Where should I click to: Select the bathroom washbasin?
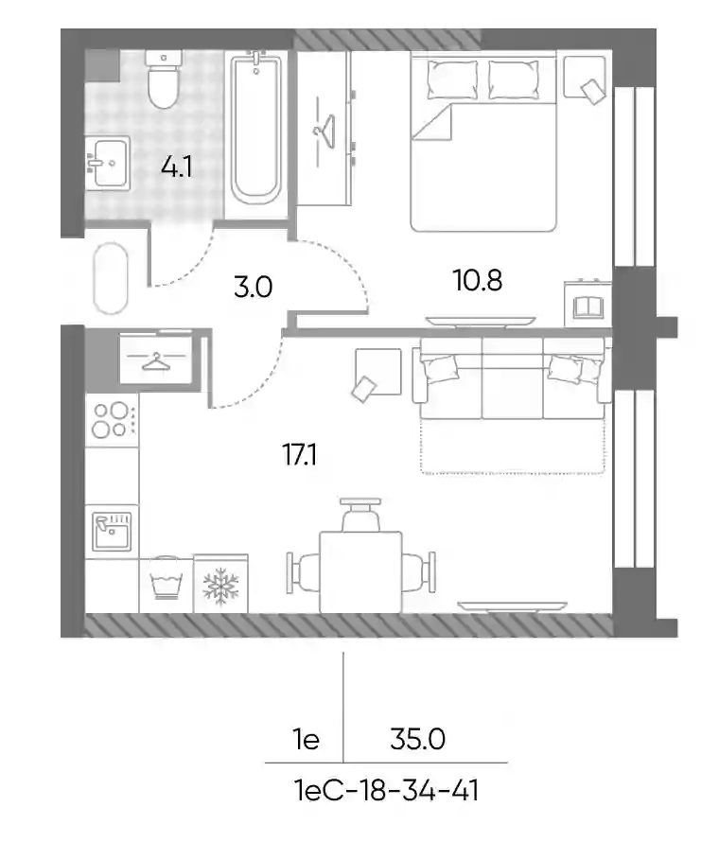(x=108, y=163)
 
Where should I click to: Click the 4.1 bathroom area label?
(x=176, y=167)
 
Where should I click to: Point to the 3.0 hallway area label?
(x=253, y=287)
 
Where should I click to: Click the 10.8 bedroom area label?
(x=478, y=280)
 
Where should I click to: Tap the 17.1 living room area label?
(x=299, y=455)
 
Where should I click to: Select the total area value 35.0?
(x=418, y=740)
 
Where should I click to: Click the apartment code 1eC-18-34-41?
(x=387, y=791)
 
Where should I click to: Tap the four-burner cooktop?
(x=112, y=420)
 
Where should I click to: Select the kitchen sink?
(x=112, y=532)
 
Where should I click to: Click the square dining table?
(x=360, y=572)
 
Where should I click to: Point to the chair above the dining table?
(x=360, y=515)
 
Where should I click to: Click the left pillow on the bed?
(x=452, y=79)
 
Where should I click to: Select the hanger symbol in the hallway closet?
(x=155, y=360)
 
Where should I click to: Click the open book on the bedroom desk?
(x=588, y=307)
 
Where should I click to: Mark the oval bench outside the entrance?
(x=111, y=278)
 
